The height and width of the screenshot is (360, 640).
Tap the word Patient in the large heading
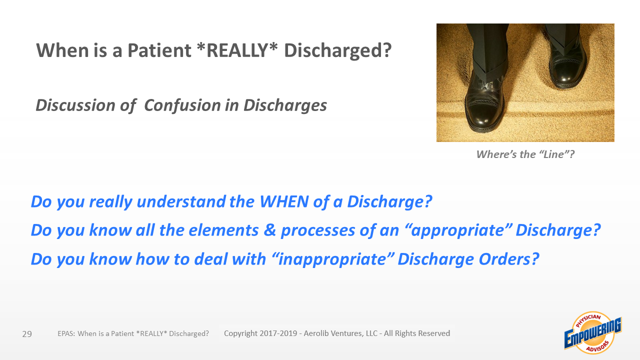pyautogui.click(x=159, y=50)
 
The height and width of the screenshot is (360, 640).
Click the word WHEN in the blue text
pyautogui.click(x=284, y=201)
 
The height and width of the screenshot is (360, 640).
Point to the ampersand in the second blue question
pyautogui.click(x=269, y=230)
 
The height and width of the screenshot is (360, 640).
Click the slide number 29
pyautogui.click(x=27, y=334)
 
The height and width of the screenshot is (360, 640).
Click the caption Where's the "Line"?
pyautogui.click(x=525, y=154)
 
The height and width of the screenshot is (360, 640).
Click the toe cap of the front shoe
pyautogui.click(x=483, y=117)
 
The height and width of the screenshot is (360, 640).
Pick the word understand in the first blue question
pyautogui.click(x=181, y=201)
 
